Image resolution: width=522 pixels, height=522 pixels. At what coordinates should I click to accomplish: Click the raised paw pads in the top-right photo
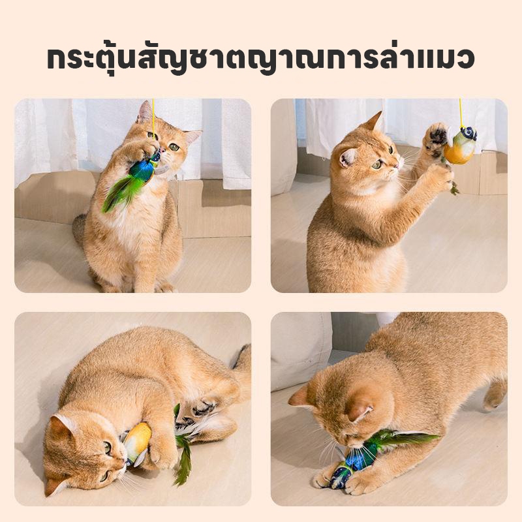pos(435,136)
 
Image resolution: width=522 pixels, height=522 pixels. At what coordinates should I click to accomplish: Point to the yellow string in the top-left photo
pos(154,117)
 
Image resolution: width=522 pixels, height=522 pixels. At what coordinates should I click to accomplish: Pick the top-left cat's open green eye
pos(174,147)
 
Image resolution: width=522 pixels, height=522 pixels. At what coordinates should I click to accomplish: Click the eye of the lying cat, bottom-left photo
pos(107,447)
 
